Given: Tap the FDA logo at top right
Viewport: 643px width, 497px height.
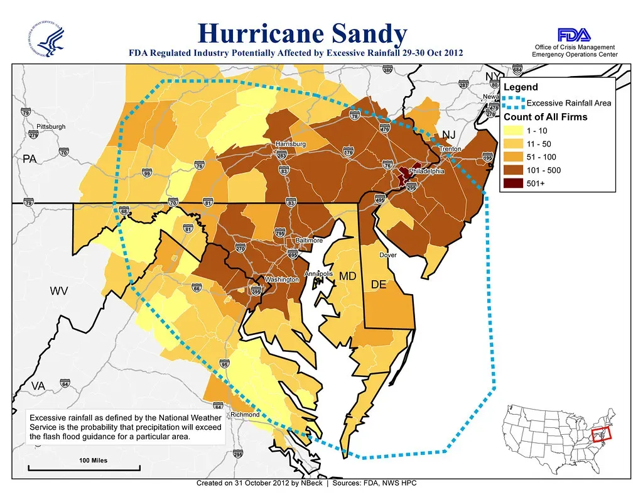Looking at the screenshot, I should (573, 34).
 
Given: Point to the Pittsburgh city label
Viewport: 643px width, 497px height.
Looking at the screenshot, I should (51, 126).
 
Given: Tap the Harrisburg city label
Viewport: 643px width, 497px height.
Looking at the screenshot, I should (290, 145).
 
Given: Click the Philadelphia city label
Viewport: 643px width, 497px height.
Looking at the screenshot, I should (426, 171).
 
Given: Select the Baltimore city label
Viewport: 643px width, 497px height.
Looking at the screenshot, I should (309, 241).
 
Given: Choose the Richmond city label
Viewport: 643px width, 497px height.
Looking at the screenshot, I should (245, 415).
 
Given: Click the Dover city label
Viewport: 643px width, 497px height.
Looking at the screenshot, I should (387, 255).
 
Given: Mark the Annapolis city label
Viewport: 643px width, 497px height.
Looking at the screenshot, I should (318, 274).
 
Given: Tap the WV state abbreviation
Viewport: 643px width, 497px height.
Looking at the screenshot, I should (60, 292).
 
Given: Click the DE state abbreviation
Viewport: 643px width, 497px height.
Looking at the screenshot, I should (378, 285).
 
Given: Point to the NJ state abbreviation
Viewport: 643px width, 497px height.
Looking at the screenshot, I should (448, 135).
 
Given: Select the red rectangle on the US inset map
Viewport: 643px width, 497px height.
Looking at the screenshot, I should (600, 434).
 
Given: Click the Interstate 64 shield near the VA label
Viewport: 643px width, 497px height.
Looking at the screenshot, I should (65, 383).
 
